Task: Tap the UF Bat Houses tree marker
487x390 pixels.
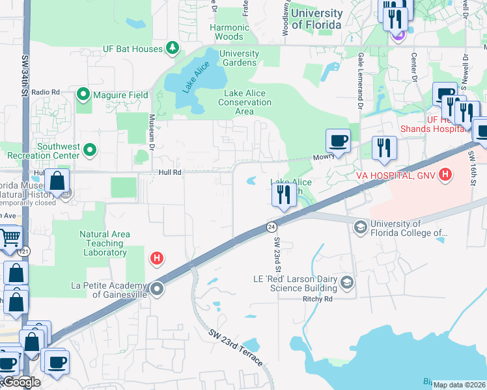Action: coord(173,47)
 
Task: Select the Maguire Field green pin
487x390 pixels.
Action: coord(83,95)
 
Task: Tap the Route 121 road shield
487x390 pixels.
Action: coord(24,251)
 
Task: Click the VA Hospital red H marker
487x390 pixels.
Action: coord(445,174)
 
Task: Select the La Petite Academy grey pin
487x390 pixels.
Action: coord(157,289)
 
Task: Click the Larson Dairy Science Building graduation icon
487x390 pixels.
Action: coord(347,282)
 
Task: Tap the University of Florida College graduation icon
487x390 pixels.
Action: coord(360,227)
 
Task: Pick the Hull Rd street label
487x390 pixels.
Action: coord(170,173)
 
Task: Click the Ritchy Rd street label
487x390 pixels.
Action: coord(318,299)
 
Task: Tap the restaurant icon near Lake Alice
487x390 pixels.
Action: coord(284,196)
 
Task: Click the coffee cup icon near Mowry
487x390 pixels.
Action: coord(339,140)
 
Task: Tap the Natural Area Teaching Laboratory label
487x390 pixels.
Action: coord(105,243)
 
